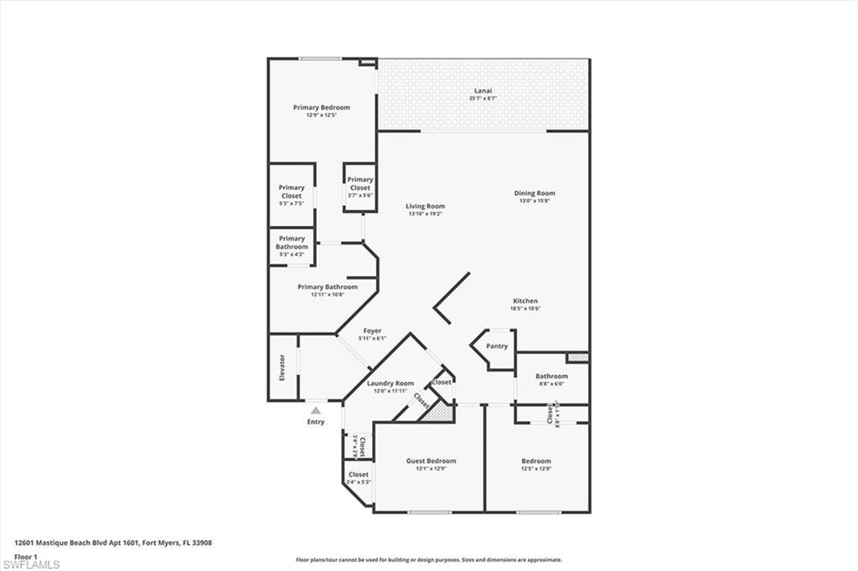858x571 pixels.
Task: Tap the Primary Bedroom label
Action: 321,107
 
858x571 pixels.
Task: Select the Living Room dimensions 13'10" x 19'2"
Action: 425,214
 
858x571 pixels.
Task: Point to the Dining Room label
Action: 535,193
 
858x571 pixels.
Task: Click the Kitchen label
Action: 525,301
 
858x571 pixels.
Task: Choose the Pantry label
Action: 497,346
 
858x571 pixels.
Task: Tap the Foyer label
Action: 372,331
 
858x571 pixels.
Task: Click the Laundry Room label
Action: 390,383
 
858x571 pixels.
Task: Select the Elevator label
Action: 282,368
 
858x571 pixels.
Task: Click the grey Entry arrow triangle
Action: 315,410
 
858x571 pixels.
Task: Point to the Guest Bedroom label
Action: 431,460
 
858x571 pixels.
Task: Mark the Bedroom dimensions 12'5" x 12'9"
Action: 536,469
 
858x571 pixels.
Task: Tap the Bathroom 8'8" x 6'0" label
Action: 551,377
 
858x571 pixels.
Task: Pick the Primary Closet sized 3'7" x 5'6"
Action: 360,184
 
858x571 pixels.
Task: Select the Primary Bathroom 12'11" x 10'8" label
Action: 328,287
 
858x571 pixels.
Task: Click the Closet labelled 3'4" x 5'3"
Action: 358,475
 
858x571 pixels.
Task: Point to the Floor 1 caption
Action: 26,556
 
